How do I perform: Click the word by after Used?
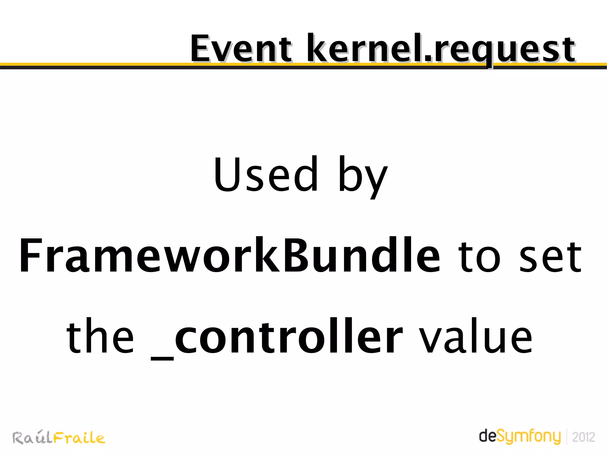click(362, 176)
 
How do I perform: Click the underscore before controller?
click(162, 359)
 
